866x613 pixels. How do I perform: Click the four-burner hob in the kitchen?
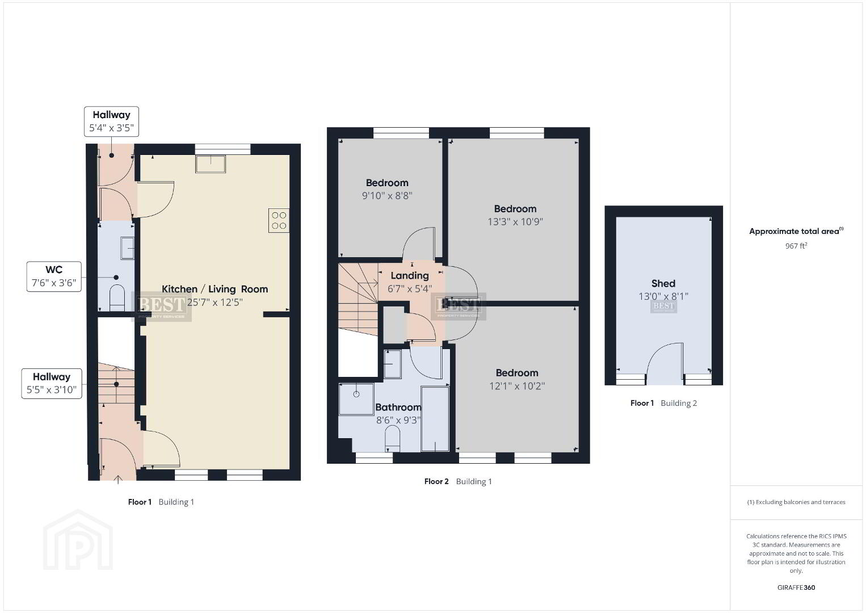tap(279, 220)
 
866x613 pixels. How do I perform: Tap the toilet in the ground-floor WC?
tap(117, 297)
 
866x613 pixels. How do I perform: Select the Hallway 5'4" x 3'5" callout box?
tap(111, 121)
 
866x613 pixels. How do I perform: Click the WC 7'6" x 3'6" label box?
tap(54, 276)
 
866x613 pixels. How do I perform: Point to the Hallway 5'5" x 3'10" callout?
tap(52, 383)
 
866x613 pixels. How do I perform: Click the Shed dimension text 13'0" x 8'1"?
tap(663, 296)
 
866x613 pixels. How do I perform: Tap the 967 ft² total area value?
tap(796, 246)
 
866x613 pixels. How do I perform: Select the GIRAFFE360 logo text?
tap(796, 587)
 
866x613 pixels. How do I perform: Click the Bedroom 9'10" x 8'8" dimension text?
tap(387, 196)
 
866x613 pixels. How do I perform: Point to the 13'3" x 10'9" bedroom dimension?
tap(515, 221)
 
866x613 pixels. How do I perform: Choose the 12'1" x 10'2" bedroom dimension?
tap(517, 386)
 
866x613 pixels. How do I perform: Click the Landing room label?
tap(410, 275)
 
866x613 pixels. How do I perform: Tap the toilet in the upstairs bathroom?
tap(392, 438)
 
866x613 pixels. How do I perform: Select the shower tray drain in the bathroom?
tap(356, 394)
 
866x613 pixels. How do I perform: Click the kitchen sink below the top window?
tap(211, 164)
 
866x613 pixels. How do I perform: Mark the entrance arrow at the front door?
tap(118, 480)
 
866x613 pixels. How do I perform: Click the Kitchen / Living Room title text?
tap(215, 289)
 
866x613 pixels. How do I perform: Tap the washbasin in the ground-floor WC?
tap(127, 248)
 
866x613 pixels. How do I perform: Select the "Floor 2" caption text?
tap(436, 481)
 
